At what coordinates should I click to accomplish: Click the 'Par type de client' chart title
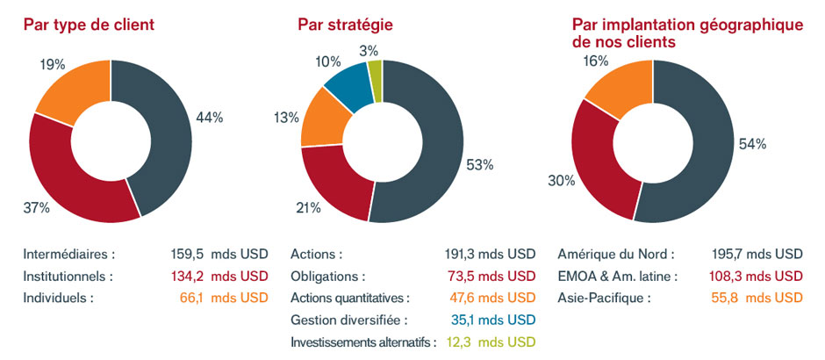pos(89,25)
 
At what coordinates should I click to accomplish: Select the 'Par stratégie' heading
pos(345,25)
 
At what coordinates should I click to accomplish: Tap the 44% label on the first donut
pos(210,117)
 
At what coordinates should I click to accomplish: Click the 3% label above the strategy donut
pos(369,51)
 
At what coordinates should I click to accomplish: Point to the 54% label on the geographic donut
pos(753,145)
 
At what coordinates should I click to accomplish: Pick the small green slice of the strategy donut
pos(375,70)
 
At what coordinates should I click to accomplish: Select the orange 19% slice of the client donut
pos(72,90)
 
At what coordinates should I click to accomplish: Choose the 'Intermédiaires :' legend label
pos(69,255)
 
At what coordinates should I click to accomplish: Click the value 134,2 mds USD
pos(219,277)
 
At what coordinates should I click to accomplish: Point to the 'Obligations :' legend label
pos(328,277)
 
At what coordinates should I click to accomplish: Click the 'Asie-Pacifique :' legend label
pos(604,298)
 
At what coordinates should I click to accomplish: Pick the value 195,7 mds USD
pos(757,255)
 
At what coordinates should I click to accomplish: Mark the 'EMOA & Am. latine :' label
pos(617,277)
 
